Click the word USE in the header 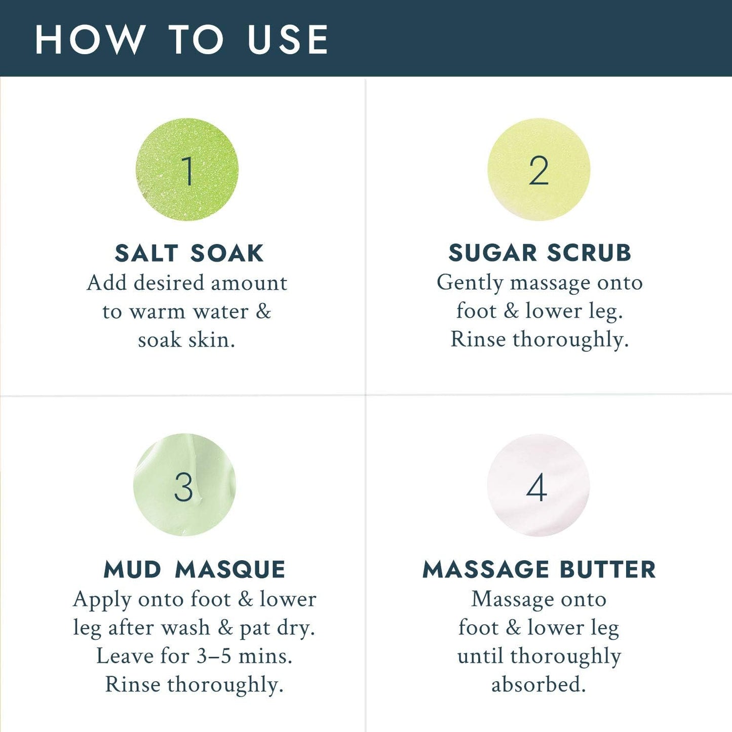pos(288,40)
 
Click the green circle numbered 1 pos(187,170)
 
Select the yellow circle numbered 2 pos(538,170)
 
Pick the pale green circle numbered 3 pos(184,485)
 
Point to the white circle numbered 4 pos(538,485)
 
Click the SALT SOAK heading pos(189,253)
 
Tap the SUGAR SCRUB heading pos(540,253)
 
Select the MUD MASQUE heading pos(195,569)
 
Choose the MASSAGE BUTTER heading pos(539,569)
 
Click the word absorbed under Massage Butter pos(538,684)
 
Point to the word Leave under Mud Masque pos(125,656)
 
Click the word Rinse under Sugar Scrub pos(478,339)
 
